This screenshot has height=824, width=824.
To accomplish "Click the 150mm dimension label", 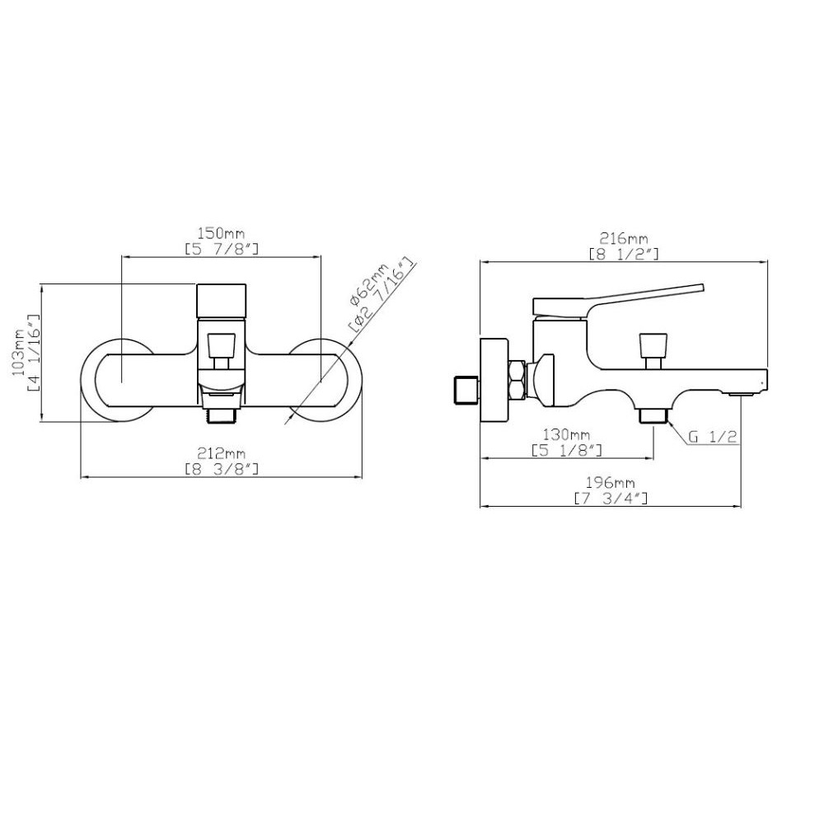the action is (x=221, y=232).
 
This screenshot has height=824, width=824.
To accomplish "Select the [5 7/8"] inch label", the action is (x=222, y=248).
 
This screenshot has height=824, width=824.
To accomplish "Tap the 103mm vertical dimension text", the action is (x=20, y=352).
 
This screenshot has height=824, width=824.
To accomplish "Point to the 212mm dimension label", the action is (x=221, y=452).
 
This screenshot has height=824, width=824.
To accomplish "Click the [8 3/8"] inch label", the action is (x=222, y=468).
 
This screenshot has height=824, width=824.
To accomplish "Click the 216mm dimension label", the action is (x=624, y=239).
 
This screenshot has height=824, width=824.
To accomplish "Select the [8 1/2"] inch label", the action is (x=624, y=255).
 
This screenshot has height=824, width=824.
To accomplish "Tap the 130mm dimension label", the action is (x=567, y=435).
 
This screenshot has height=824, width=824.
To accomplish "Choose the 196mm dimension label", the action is (x=610, y=482).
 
